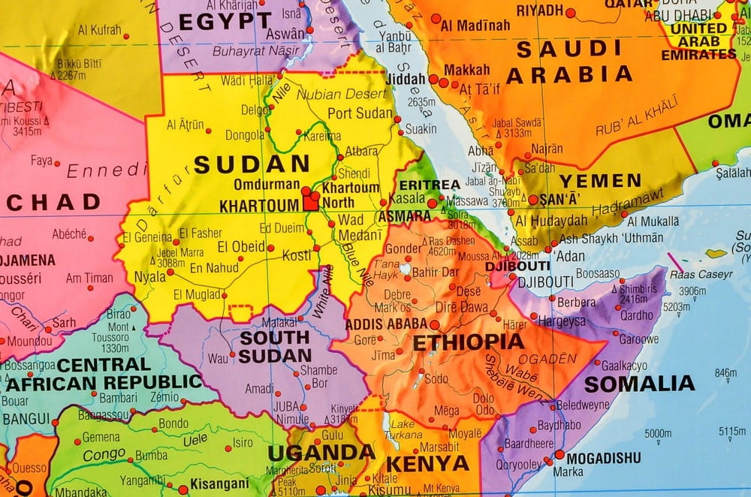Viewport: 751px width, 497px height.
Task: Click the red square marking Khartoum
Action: point(309,203)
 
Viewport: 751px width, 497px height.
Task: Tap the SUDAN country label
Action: point(252,164)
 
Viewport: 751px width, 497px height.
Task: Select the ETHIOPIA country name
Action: point(468,342)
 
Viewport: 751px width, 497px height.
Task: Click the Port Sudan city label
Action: point(360,114)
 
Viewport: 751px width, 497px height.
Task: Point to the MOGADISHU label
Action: point(604,457)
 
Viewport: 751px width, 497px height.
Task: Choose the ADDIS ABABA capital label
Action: point(386,324)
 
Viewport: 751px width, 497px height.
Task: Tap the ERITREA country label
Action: point(429,185)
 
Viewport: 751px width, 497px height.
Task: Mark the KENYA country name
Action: point(427,464)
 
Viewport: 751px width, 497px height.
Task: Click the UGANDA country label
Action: point(321,452)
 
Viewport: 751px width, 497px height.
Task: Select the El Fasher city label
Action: point(201,233)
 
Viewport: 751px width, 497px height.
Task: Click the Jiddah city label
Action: point(405,77)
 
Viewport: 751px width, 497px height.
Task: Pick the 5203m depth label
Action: point(677,306)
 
